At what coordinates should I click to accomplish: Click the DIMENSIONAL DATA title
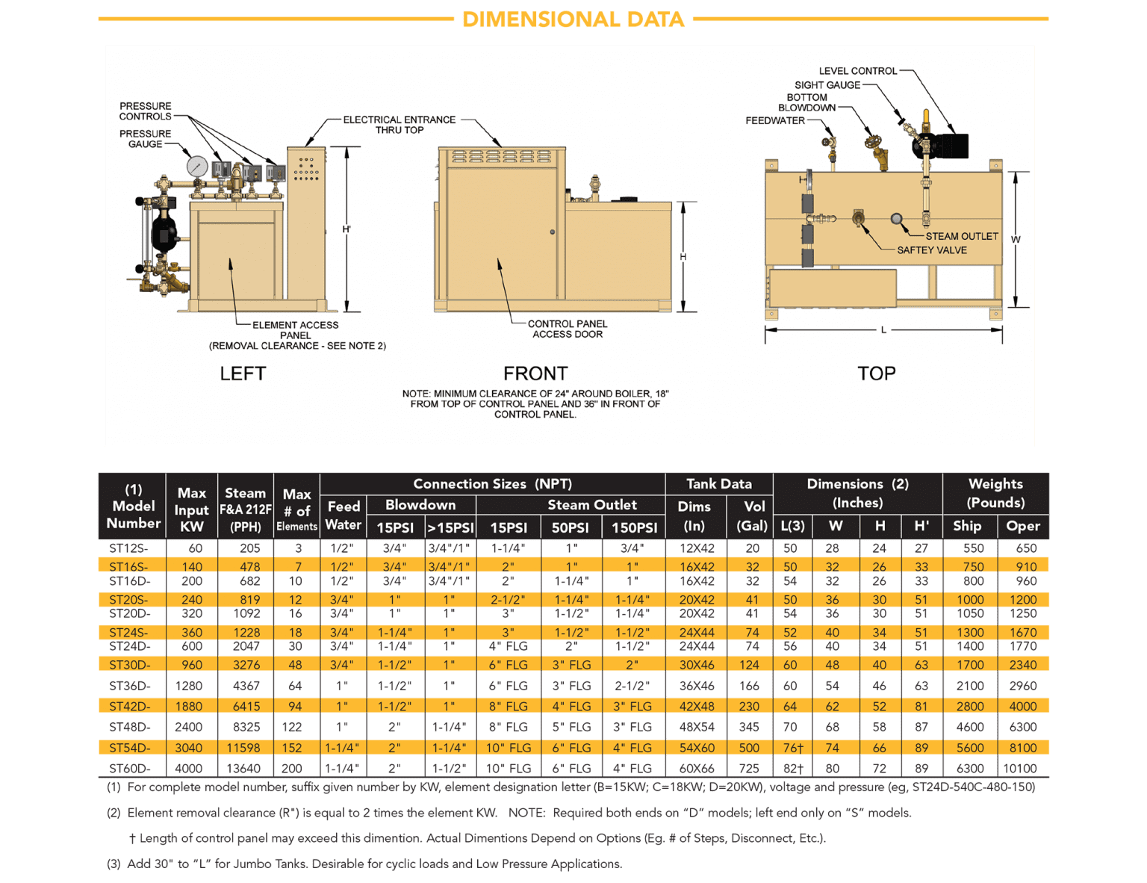573,19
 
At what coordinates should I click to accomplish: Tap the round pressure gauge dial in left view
198,165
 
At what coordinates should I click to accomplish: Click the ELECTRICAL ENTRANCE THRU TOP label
399,125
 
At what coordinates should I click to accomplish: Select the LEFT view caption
243,374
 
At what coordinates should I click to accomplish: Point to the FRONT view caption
535,374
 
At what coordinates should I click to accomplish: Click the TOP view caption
876,374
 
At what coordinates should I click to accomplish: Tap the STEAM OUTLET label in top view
961,236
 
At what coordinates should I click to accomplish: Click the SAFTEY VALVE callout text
931,250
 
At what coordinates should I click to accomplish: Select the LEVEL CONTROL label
857,71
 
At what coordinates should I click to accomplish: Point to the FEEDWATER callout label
774,120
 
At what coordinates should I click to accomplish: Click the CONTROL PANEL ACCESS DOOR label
567,329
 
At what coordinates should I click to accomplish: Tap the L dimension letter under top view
883,329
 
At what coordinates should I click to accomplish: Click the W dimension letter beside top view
1016,239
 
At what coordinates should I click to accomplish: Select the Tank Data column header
718,484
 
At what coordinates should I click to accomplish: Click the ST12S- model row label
128,548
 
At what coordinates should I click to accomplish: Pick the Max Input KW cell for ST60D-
188,768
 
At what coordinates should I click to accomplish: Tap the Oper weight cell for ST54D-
1022,748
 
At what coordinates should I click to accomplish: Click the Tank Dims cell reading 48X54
696,727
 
